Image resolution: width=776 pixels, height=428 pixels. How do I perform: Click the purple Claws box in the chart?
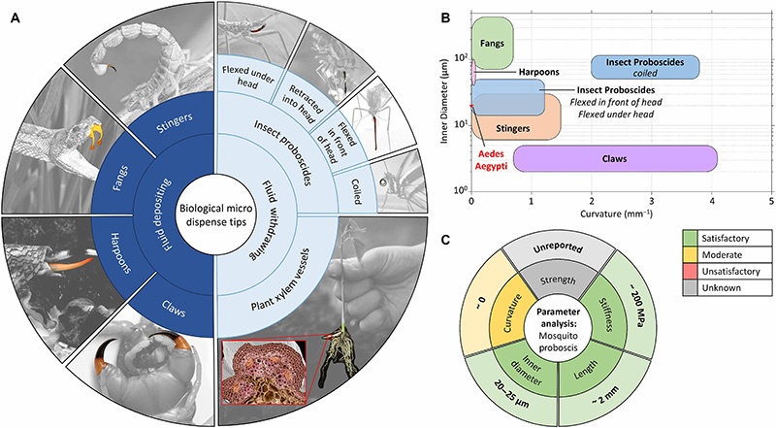[615, 158]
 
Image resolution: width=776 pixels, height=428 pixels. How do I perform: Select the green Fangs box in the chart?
[492, 44]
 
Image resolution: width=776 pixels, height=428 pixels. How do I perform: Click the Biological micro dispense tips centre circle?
[212, 214]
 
